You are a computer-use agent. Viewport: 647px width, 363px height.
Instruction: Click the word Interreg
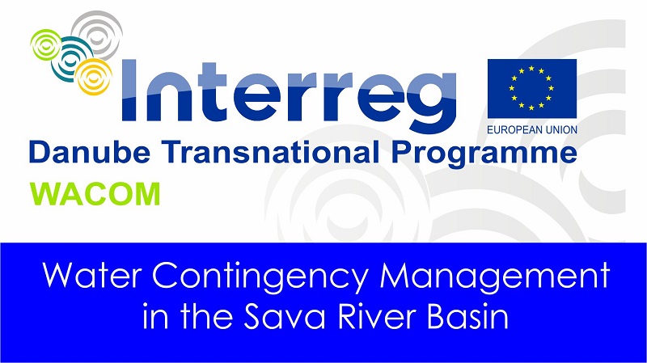coord(290,92)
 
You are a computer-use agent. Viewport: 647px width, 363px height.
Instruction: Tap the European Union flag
coord(532,89)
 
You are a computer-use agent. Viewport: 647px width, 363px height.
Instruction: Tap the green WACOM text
coord(95,194)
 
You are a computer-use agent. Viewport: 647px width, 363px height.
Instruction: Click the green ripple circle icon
coord(45,44)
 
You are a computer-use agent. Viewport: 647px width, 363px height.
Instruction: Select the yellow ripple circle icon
coord(94,76)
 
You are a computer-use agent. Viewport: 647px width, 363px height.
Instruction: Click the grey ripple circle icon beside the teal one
coord(97,34)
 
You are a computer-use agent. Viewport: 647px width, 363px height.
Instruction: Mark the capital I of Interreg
coord(129,91)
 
